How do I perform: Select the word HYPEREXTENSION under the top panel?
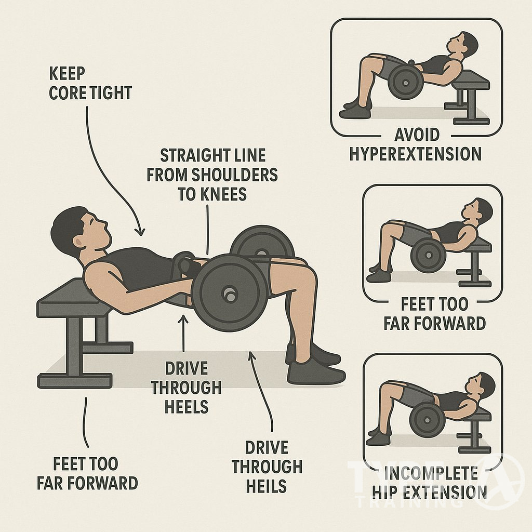(415, 154)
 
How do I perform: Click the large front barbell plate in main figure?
(225, 292)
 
